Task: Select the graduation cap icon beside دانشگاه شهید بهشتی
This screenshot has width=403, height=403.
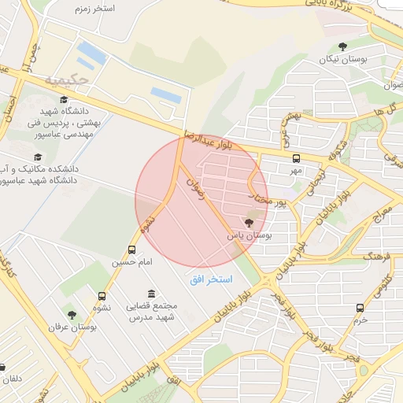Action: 63,99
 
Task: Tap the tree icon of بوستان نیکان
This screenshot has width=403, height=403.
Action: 342,46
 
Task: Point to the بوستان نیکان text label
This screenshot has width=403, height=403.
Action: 342,59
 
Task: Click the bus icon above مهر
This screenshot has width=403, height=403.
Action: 296,157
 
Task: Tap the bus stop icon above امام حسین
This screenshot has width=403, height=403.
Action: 131,249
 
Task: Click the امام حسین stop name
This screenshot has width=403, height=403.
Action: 131,261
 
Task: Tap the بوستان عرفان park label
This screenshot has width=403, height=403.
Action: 72,327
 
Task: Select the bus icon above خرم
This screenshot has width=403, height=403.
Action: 360,308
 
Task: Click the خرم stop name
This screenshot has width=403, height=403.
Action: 360,320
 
